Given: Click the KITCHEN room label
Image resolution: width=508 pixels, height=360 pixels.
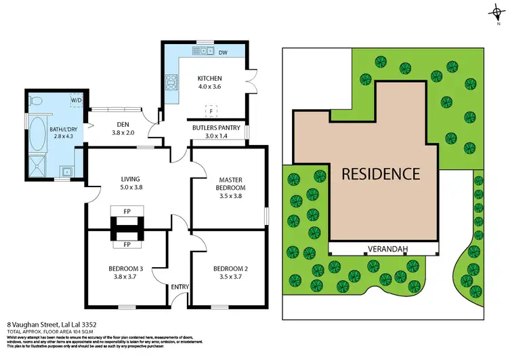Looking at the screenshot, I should tap(209, 78).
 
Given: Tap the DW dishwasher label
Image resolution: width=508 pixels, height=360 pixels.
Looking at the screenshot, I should tap(224, 52).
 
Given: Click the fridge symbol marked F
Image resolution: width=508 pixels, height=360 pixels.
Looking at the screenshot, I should tap(211, 110).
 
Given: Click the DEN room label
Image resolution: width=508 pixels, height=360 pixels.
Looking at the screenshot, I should tap(123, 124).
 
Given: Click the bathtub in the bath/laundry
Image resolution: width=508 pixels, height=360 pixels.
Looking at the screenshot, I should tap(36, 135).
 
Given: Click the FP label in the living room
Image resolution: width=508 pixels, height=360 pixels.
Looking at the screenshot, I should tap(127, 212).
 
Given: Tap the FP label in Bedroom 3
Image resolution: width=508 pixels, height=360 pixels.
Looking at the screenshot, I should tap(127, 252).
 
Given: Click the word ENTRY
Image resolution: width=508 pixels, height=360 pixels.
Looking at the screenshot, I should tap(179, 287).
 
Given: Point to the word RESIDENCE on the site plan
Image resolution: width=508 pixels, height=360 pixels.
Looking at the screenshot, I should tap(380, 173).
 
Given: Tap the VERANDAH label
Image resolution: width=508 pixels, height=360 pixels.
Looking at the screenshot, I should tap(387, 249).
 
